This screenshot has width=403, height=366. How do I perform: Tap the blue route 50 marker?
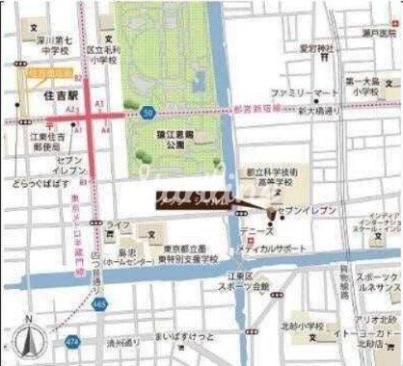(x=146, y=112)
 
